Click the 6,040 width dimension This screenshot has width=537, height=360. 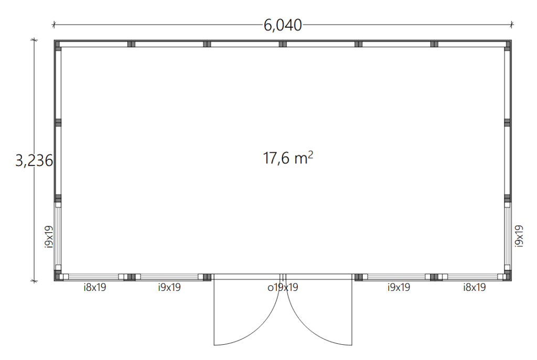[283, 25]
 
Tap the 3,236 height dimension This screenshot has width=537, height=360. [34, 160]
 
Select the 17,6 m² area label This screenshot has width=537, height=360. [288, 158]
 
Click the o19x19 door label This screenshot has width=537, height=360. [283, 287]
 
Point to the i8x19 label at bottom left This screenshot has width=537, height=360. [95, 287]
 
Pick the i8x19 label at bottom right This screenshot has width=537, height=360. [474, 287]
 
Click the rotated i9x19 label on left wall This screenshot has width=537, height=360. [49, 236]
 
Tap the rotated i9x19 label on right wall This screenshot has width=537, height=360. [519, 236]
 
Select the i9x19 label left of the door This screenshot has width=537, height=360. [169, 287]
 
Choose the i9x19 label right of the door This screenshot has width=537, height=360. [399, 287]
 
